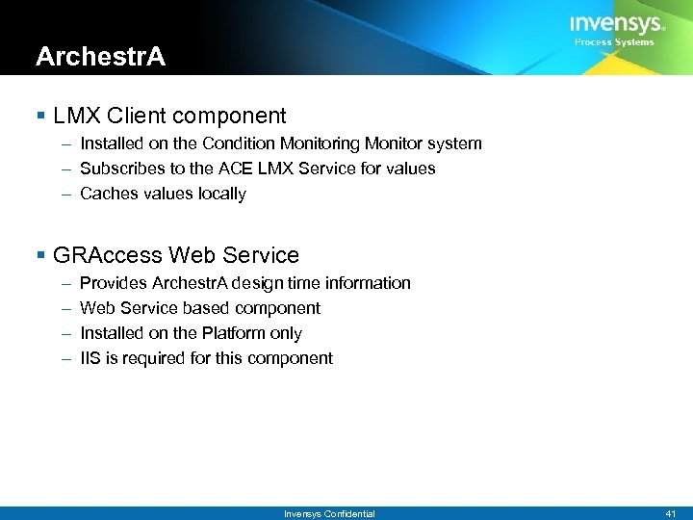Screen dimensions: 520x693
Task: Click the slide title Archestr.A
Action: (100, 57)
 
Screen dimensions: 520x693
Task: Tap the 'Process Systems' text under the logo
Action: (614, 42)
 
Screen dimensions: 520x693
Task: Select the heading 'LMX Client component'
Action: (169, 117)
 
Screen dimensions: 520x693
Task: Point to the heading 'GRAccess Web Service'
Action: (176, 255)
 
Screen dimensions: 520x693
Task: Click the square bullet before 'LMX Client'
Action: (39, 117)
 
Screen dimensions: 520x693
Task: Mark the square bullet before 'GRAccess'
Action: (39, 255)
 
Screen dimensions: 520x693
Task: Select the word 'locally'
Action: (222, 194)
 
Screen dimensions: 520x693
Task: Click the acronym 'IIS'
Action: (90, 358)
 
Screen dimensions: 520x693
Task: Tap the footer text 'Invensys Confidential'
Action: (329, 514)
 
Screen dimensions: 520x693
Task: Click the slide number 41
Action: (671, 514)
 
